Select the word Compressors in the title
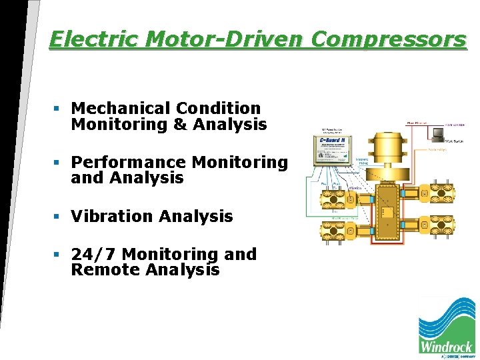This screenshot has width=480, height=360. pos(389,39)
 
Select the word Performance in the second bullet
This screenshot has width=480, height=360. pos(129,162)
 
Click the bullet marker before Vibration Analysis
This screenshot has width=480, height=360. pos(59,216)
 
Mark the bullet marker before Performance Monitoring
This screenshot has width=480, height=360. pos(59,162)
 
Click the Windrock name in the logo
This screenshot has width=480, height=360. pos(446,346)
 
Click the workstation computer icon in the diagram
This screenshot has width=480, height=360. pos(437,133)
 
